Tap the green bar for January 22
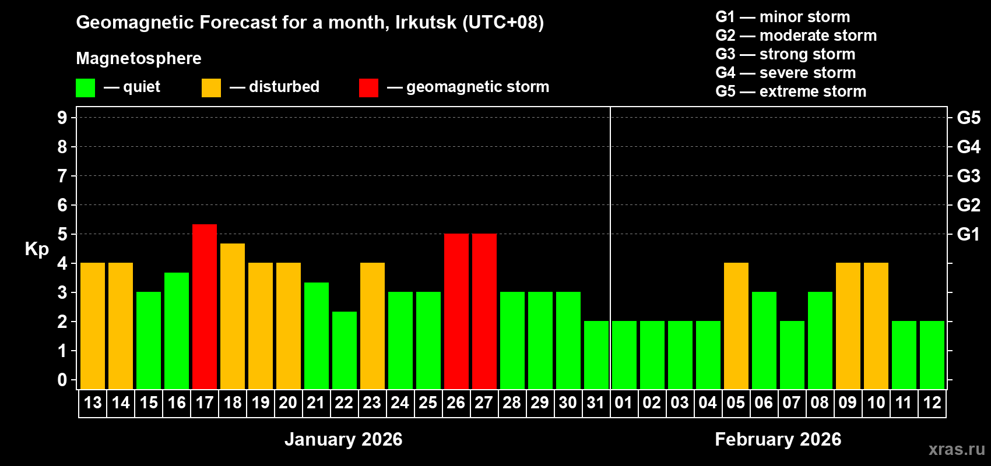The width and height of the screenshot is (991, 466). [x=345, y=350]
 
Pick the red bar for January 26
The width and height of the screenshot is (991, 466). [x=456, y=311]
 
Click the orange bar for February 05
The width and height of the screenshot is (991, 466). [x=736, y=326]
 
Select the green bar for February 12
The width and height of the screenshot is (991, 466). [x=932, y=355]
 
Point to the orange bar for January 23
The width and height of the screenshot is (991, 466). [x=372, y=326]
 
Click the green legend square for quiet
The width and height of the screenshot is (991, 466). [x=86, y=88]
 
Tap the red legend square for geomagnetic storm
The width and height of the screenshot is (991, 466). [x=368, y=88]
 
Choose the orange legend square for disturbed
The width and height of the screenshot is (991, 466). [x=211, y=88]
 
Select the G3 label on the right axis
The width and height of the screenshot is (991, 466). [x=968, y=176]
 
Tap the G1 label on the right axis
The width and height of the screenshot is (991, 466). [x=968, y=234]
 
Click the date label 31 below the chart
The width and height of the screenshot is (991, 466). [x=596, y=403]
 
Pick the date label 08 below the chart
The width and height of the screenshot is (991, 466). [x=820, y=403]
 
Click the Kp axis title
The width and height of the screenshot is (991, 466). [x=37, y=249]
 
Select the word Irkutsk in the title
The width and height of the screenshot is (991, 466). [x=426, y=22]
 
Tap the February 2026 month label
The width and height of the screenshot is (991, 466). [x=778, y=439]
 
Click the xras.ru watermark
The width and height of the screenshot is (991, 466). [x=957, y=449]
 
